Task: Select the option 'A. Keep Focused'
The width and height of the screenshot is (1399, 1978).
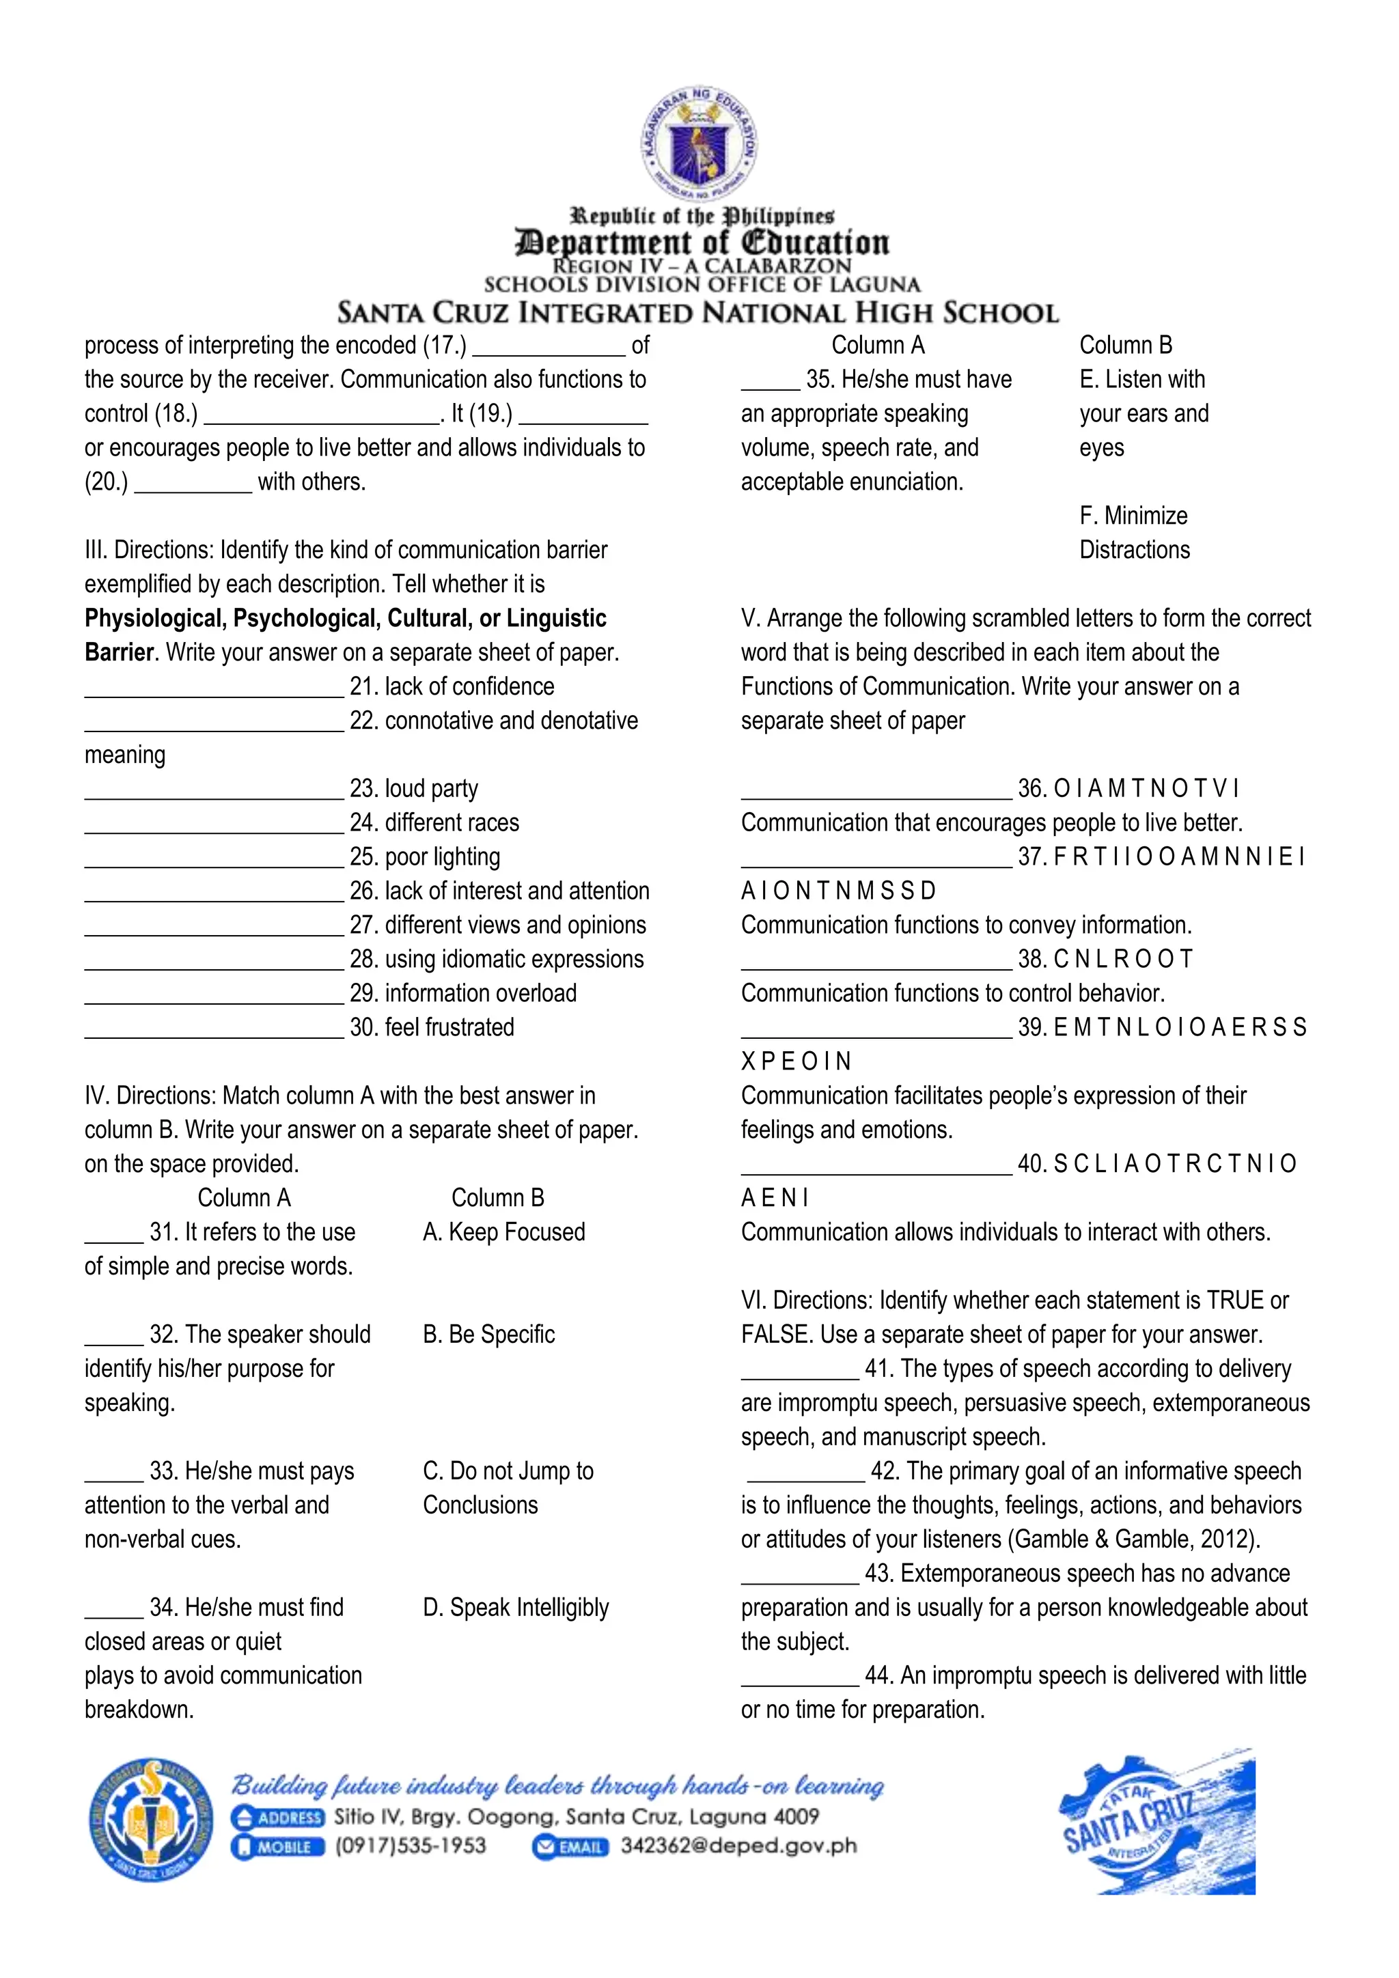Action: pos(504,1232)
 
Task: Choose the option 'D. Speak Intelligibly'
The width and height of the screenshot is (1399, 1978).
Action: pos(516,1608)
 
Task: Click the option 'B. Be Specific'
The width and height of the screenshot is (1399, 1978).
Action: pos(488,1335)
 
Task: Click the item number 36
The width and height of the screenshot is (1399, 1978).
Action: pos(1031,788)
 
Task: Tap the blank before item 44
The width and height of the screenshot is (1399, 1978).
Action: pos(799,1677)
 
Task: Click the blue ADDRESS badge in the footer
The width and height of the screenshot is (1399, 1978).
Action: pos(278,1817)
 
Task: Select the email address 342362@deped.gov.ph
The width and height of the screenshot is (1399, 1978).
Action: pos(738,1846)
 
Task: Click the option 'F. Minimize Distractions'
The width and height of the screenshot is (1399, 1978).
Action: pos(1134,532)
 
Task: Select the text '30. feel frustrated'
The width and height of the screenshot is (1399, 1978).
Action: pos(432,1027)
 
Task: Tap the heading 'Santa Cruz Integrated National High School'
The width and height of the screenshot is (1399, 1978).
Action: pos(697,312)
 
